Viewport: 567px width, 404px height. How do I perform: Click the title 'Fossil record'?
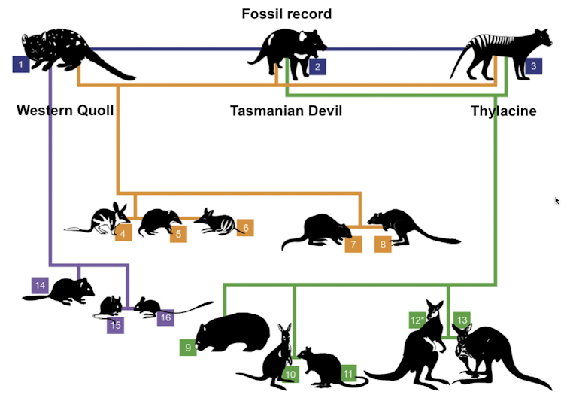pos(287,14)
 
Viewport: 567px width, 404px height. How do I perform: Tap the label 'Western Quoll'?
pos(65,111)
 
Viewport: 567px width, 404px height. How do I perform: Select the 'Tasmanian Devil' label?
pos(286,111)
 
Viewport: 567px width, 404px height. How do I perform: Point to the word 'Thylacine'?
pos(504,111)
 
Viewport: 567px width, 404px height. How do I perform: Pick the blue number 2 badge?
pos(317,67)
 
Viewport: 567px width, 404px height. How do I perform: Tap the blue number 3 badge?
pos(533,66)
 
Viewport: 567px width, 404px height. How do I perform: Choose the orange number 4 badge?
pos(124,233)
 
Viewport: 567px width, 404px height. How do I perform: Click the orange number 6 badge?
pos(245,228)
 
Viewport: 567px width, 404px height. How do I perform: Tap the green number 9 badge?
pos(188,347)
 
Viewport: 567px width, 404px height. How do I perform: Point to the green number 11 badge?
pos(348,373)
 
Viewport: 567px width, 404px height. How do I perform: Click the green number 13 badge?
pos(462,320)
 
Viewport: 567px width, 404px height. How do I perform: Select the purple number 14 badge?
pos(41,285)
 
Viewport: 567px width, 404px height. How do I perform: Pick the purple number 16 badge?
pos(166,317)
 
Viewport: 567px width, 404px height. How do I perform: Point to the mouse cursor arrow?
pos(557,201)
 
